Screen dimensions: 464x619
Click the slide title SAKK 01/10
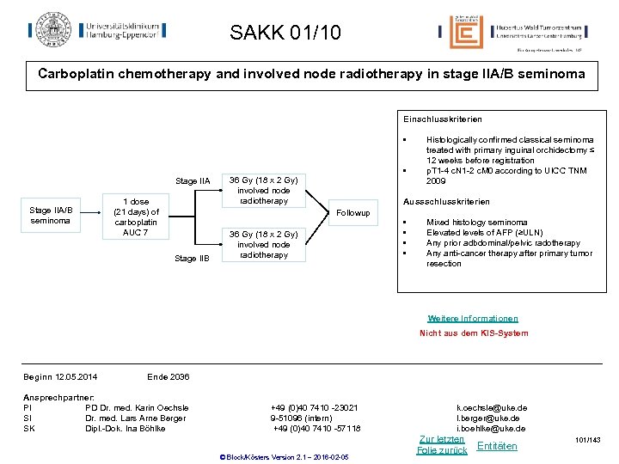click(x=285, y=34)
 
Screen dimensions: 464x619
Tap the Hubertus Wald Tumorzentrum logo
click(x=512, y=32)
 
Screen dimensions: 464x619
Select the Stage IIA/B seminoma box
click(x=51, y=215)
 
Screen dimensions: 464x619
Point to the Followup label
click(x=352, y=213)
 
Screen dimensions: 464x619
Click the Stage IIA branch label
click(x=193, y=181)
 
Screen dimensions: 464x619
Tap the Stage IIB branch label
click(x=192, y=258)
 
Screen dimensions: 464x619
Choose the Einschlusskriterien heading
click(x=442, y=119)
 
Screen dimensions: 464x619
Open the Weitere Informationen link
click(x=473, y=318)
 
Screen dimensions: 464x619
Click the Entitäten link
click(x=497, y=446)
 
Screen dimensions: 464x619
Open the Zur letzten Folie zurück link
click(x=441, y=444)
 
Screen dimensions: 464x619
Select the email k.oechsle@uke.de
click(x=493, y=407)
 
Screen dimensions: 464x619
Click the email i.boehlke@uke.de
click(x=492, y=428)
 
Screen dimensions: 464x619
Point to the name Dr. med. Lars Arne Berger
click(x=136, y=418)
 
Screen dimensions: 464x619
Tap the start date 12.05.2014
click(x=77, y=377)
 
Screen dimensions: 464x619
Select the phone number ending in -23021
click(x=315, y=407)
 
